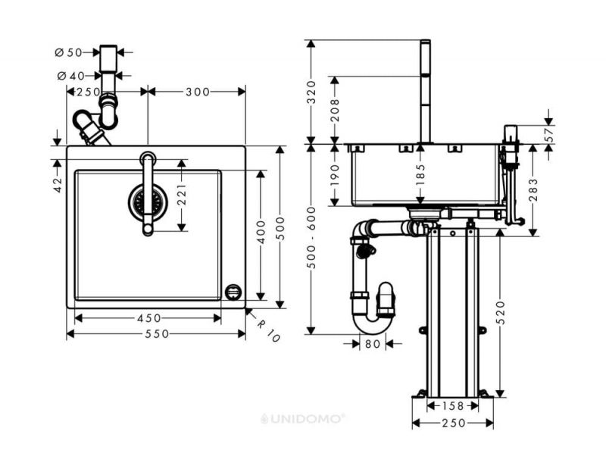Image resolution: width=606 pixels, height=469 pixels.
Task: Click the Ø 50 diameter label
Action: click(69, 52)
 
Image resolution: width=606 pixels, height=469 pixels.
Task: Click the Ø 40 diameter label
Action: click(70, 76)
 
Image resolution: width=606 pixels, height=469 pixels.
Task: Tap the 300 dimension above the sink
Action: click(198, 92)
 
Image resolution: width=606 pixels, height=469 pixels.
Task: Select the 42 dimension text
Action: click(58, 185)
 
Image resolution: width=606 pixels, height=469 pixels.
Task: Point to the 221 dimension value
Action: click(182, 195)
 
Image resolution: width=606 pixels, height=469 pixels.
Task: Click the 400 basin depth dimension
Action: click(261, 232)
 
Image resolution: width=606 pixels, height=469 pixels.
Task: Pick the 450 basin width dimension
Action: click(148, 318)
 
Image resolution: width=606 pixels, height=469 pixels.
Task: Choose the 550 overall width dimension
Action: click(157, 333)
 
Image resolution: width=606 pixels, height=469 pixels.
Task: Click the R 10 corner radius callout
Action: click(268, 331)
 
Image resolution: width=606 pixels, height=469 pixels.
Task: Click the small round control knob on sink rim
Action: click(233, 292)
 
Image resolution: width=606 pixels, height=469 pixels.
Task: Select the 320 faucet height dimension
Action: click(311, 92)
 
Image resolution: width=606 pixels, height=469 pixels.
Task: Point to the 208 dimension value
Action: click(335, 110)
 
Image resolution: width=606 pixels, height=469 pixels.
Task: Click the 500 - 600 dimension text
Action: click(311, 238)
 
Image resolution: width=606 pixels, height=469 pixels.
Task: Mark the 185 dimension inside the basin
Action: click(421, 174)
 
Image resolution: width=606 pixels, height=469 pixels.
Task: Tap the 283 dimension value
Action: click(533, 189)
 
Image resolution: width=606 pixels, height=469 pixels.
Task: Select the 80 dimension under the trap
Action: click(373, 343)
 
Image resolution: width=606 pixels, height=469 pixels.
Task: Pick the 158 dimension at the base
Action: click(452, 406)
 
